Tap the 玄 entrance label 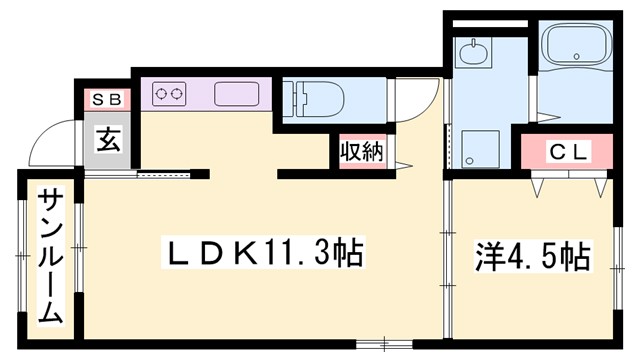coord(108,139)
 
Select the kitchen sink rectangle coord(236,95)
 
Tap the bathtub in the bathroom coord(578,46)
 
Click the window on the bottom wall coord(376,346)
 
